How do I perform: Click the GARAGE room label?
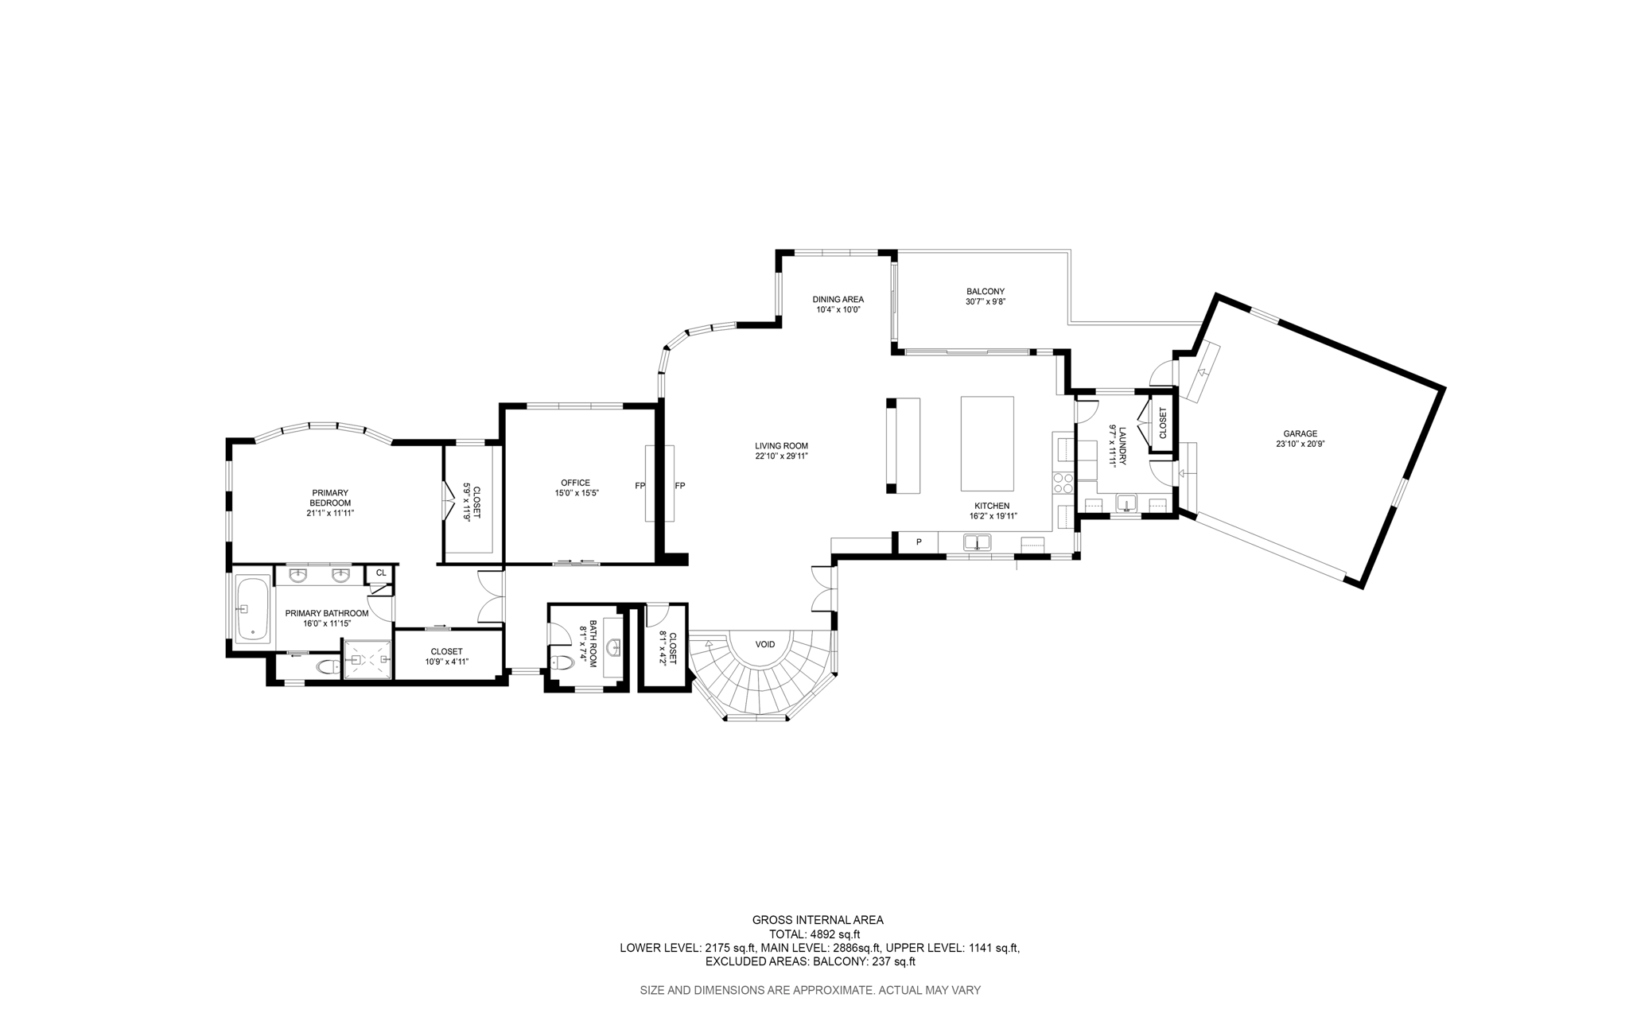pos(1300,433)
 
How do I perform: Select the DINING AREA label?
pos(838,299)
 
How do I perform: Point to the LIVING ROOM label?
pos(781,446)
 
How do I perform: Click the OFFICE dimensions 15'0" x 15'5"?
pos(577,493)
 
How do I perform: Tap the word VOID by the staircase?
pos(765,644)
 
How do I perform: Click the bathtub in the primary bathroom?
pos(253,609)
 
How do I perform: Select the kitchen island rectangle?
pos(987,444)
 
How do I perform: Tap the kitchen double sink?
pos(977,542)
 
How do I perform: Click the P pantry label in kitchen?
pos(919,542)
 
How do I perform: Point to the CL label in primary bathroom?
pos(381,573)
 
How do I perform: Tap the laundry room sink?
pos(1126,503)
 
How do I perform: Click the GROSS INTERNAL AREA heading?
pos(818,920)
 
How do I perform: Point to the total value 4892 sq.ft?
pos(834,934)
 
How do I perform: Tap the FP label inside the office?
pos(640,486)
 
